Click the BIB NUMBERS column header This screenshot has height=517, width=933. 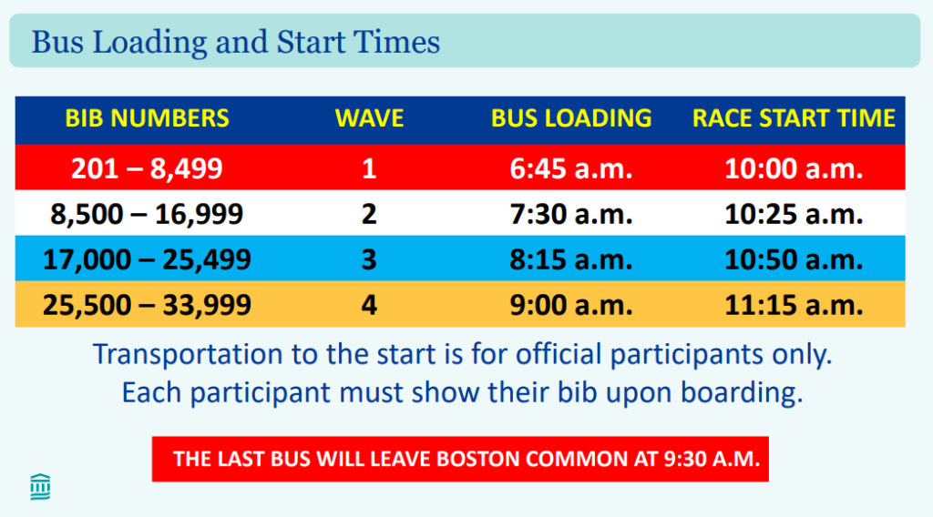(x=147, y=118)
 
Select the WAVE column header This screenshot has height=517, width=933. (x=370, y=118)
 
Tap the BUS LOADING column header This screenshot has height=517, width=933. (x=571, y=118)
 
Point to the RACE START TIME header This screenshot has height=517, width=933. (x=794, y=118)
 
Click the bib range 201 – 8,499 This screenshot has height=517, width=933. (x=147, y=168)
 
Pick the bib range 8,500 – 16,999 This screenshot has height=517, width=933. (x=147, y=214)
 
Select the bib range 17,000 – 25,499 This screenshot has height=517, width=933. (x=147, y=259)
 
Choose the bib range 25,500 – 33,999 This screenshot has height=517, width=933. (x=147, y=305)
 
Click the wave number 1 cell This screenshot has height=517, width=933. (x=370, y=168)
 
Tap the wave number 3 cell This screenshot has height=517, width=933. (x=370, y=259)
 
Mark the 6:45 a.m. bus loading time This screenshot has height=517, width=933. (x=571, y=168)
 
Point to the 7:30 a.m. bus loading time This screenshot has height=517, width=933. (x=571, y=214)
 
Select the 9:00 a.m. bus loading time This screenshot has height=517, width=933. (x=571, y=305)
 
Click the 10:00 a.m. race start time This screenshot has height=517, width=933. (x=794, y=168)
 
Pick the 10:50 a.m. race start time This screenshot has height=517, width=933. (x=794, y=259)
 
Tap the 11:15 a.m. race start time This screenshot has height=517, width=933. (x=794, y=305)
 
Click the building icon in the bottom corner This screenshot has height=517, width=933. (x=40, y=487)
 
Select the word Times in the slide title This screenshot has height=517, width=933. (x=397, y=42)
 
